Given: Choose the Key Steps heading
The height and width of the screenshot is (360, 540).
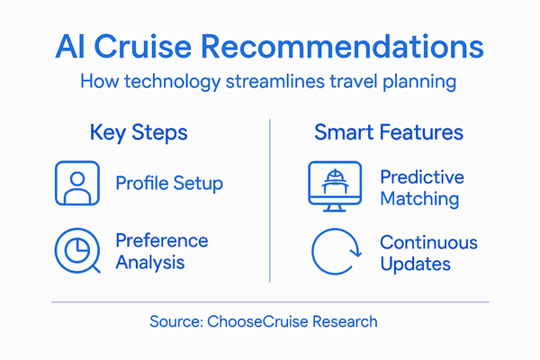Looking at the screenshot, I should (139, 133).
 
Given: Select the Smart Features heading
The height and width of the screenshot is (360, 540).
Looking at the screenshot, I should (389, 133).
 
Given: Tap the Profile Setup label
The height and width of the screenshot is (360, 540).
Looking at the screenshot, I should (169, 184).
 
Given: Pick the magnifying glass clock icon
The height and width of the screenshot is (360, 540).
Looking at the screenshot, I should (76, 252).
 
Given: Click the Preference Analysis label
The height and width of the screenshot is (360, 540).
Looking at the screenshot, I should (161, 252).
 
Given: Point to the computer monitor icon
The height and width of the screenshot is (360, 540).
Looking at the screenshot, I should (334, 185).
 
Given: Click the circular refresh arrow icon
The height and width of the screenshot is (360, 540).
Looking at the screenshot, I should (334, 253).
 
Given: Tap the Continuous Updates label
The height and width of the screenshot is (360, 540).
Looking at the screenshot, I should (428, 253).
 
